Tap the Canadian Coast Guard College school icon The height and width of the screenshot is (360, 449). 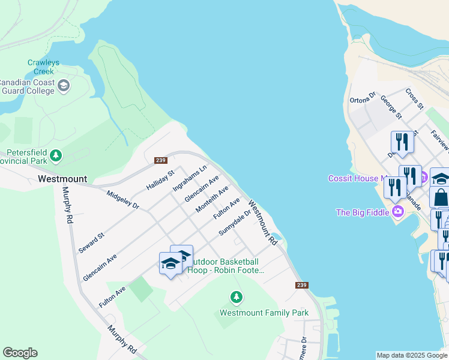coord(64,87)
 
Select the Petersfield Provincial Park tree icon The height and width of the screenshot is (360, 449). coord(56,156)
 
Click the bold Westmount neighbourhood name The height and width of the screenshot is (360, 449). coord(62,179)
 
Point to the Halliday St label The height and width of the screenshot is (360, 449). coord(160,180)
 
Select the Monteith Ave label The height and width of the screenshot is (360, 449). coord(212,200)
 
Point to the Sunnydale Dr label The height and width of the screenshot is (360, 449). coord(234,222)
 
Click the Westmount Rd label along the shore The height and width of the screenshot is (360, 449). coord(263,223)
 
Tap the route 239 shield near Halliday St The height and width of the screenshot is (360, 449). coord(160,160)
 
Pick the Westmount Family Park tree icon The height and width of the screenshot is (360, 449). coord(237,297)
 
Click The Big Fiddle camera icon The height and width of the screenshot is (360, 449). coord(397,212)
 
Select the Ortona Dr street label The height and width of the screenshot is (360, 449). coord(363,97)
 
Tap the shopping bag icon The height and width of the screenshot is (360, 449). coord(441,197)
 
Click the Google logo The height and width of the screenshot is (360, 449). coord(20,353)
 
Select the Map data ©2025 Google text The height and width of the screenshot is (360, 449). coord(411,355)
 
